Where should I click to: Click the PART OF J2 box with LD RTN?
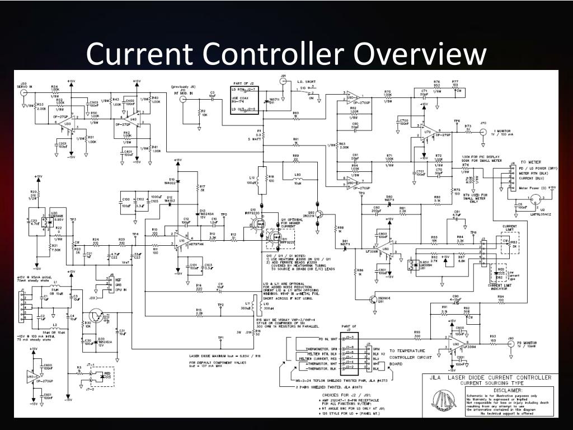[x=245, y=100]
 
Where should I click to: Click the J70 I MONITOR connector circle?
[x=482, y=132]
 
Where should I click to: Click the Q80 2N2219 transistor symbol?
[x=319, y=213]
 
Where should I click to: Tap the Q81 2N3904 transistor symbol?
[x=373, y=300]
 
